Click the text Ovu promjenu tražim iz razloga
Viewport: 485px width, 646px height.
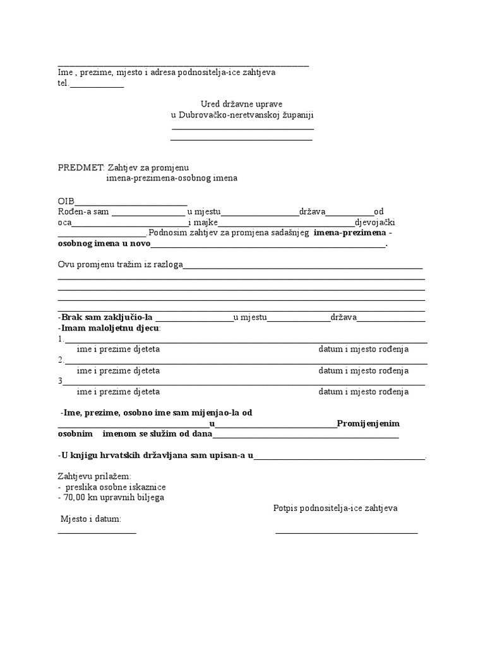(120, 264)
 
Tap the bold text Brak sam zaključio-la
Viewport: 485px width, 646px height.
(106, 317)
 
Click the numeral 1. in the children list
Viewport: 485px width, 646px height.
(61, 339)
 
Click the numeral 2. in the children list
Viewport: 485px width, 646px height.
(61, 360)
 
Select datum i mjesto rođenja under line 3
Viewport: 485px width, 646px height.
(363, 392)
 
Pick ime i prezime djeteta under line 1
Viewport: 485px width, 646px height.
(118, 349)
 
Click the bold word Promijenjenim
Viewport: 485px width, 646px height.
(368, 423)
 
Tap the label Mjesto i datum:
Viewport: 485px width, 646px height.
(91, 519)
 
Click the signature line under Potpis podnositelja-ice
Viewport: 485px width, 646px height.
(347, 534)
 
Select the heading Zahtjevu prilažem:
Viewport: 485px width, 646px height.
(95, 476)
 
